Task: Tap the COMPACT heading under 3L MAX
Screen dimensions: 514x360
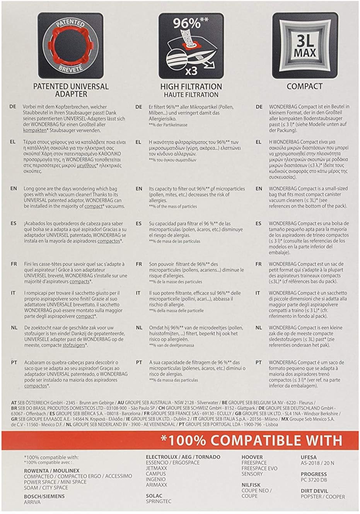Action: click(x=305, y=86)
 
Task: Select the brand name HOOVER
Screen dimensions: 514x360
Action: click(x=252, y=457)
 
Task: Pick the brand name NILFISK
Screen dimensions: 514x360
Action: click(x=251, y=485)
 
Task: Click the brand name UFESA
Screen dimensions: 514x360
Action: click(x=309, y=457)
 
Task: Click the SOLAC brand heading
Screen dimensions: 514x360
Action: click(x=154, y=495)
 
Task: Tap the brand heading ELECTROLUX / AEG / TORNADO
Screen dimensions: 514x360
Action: click(x=183, y=457)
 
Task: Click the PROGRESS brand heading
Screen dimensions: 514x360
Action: click(x=314, y=474)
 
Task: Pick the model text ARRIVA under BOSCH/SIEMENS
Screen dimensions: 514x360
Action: click(x=32, y=502)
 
